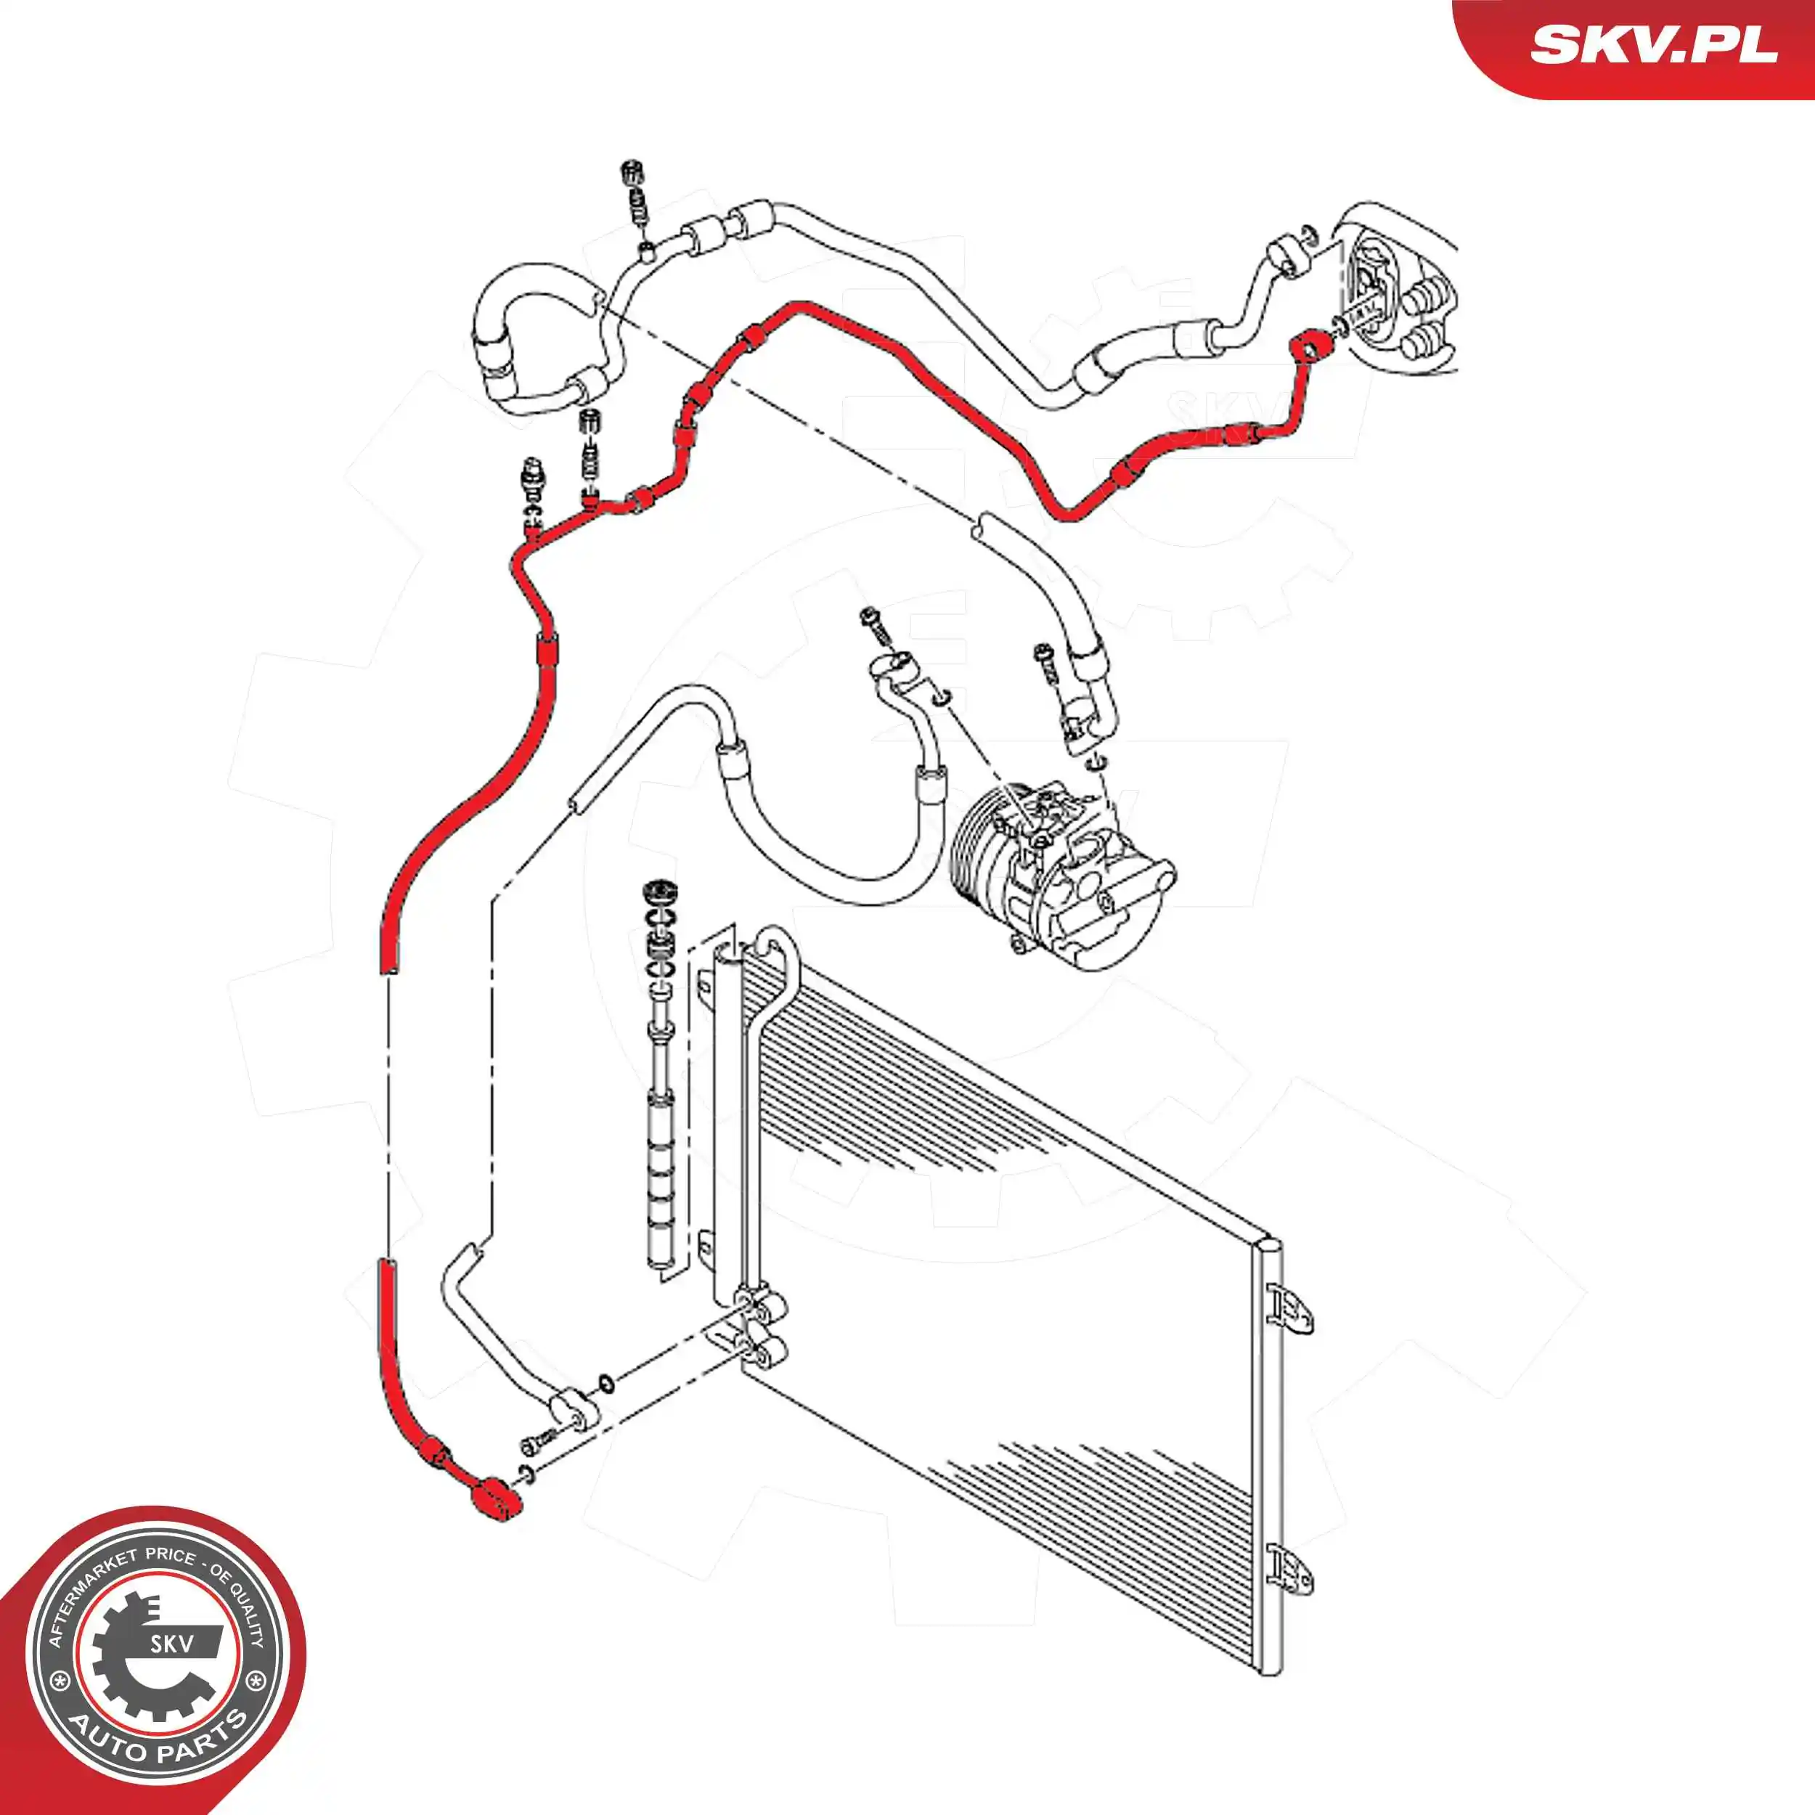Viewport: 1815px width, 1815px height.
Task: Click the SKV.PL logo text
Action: coord(1653,44)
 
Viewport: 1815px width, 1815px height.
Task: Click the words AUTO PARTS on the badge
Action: coord(160,1745)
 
